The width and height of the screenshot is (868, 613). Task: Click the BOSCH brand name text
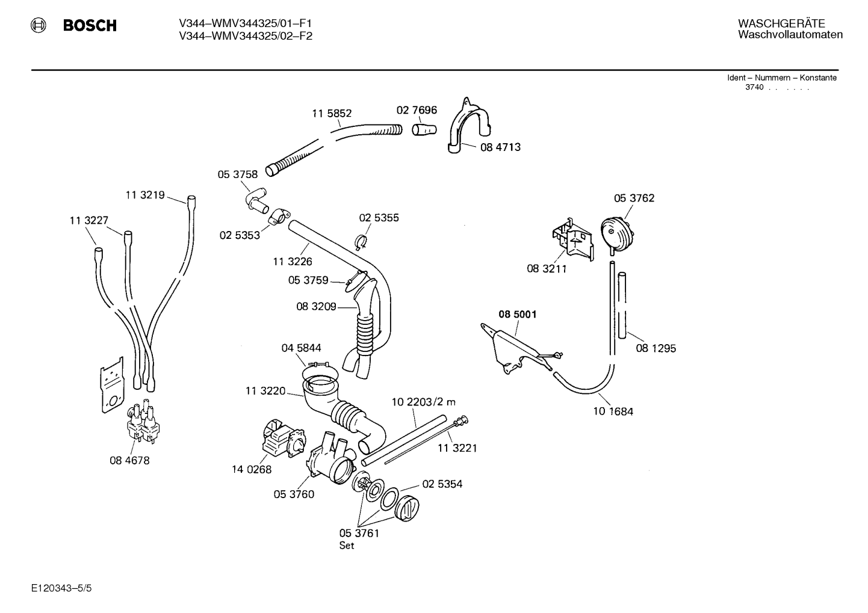90,25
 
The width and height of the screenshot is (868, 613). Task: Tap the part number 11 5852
332,114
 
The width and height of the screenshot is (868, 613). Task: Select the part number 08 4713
500,147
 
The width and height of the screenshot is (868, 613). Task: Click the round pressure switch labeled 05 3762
617,234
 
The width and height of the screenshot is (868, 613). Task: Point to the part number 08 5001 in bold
517,314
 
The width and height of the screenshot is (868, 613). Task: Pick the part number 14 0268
252,469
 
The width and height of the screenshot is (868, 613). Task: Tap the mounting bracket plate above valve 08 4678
113,385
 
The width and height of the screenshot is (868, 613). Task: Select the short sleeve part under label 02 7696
424,130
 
